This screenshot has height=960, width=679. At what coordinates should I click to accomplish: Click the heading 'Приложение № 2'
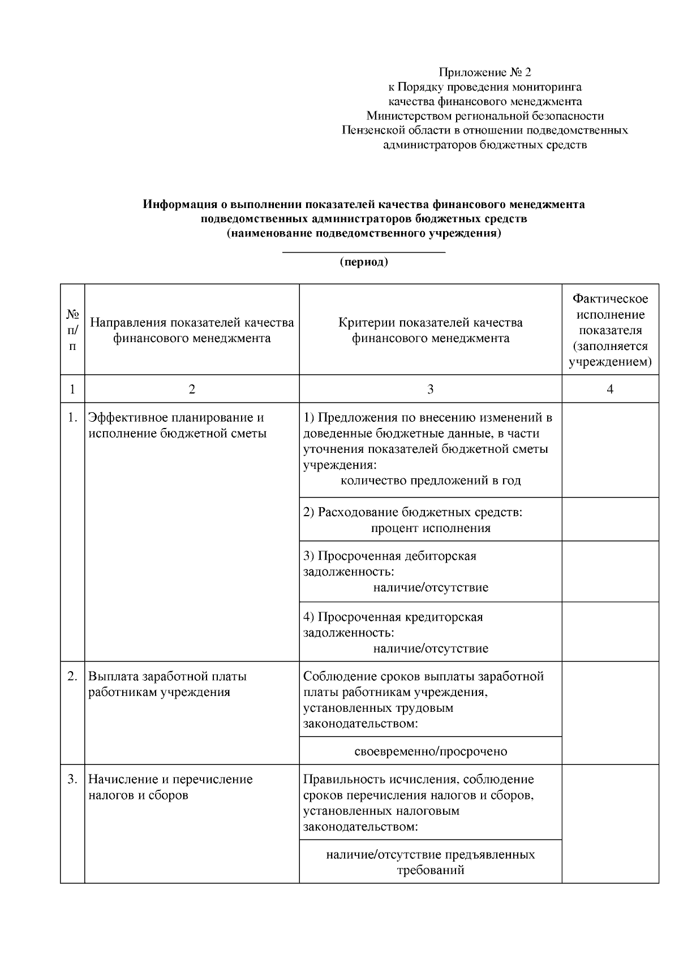click(485, 72)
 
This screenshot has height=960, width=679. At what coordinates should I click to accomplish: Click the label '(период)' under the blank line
click(363, 262)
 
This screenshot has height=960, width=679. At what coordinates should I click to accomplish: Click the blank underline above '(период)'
click(363, 251)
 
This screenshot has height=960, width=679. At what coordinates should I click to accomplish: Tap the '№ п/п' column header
click(72, 329)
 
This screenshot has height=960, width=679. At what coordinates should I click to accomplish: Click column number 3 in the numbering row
click(430, 389)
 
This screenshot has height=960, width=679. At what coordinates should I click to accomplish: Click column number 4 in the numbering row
click(610, 389)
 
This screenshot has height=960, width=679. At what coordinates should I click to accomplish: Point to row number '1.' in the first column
click(72, 418)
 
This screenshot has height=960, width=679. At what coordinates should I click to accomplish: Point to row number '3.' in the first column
click(72, 779)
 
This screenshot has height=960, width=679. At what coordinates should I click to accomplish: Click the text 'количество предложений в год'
click(430, 481)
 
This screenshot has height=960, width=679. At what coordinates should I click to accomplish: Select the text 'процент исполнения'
click(430, 528)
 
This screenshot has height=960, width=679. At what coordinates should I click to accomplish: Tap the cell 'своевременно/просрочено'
click(430, 751)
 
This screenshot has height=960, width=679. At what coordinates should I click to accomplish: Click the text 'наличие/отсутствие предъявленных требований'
click(430, 862)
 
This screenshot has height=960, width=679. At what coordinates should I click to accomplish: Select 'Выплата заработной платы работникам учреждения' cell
click(167, 684)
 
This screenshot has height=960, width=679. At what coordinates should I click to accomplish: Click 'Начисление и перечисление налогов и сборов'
click(170, 787)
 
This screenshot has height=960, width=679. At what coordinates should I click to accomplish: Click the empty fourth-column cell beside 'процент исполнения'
click(610, 520)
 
